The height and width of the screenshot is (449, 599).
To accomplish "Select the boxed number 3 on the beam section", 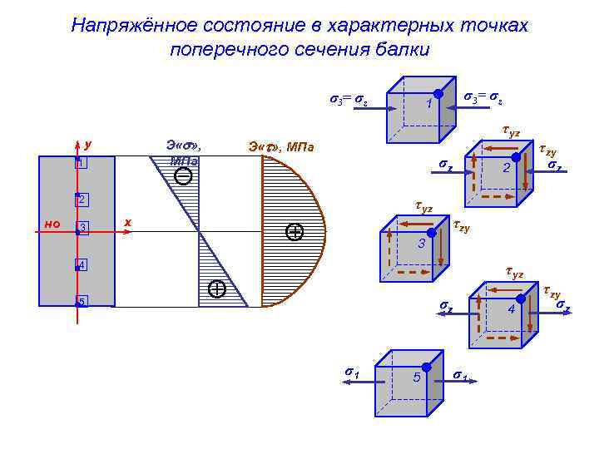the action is pos(82,229).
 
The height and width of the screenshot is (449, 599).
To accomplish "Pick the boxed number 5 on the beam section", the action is pos(82,301).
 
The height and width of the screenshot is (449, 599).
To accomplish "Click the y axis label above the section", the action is pos(88,144).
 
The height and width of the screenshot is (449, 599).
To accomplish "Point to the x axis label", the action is pos(127,222).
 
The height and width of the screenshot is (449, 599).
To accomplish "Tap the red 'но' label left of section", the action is pos(52,224).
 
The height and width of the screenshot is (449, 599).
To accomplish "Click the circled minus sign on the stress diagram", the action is pos(184,175).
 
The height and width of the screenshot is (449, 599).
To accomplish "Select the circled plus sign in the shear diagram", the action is pos(294,232).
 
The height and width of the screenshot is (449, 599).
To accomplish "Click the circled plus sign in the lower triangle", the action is pos(217,289).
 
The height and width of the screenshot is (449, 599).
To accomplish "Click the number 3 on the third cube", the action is pos(422,244).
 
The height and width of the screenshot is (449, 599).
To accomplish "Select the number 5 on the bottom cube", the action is pos(416,378).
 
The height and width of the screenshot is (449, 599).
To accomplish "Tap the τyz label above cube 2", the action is pos(512,131).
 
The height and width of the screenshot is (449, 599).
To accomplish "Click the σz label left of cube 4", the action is pos(446,308).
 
